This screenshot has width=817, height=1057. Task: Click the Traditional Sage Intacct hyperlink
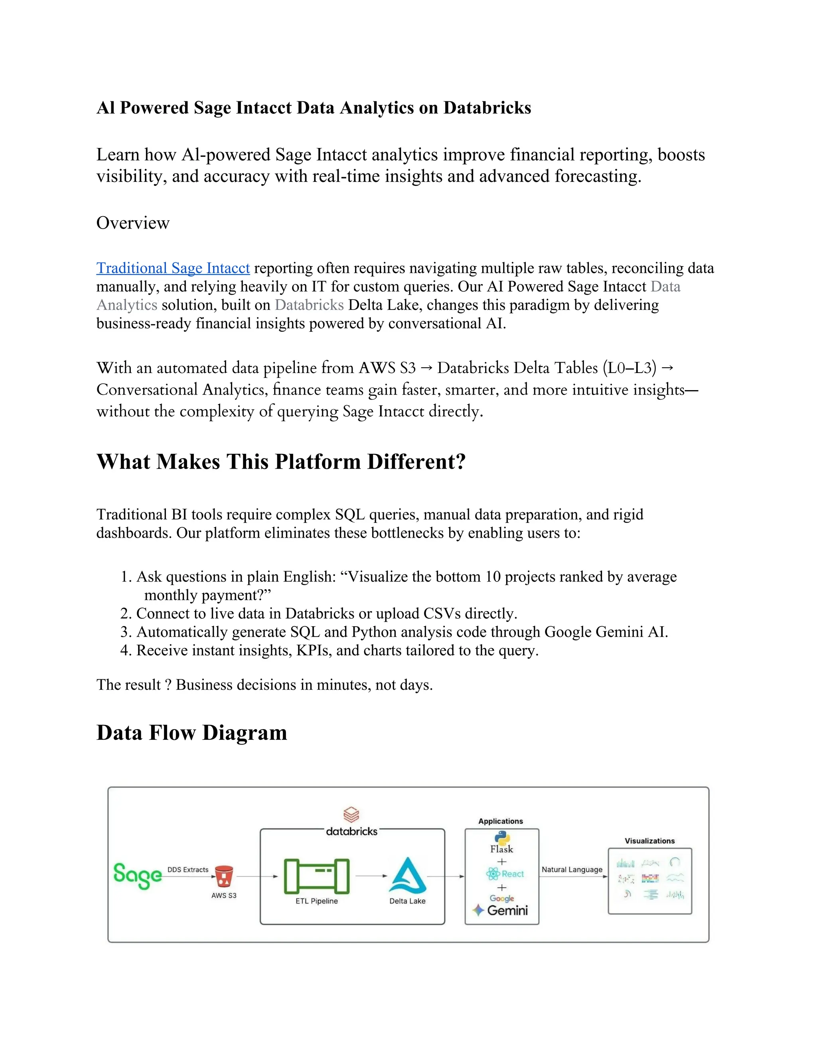(173, 268)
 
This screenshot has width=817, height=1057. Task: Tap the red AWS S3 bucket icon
(224, 876)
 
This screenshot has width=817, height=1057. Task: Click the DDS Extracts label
(188, 869)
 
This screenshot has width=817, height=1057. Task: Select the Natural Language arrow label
(572, 869)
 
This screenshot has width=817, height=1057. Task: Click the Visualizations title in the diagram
(649, 841)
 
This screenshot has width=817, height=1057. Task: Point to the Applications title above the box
(501, 821)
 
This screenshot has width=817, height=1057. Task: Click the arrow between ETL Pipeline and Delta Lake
(371, 876)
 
